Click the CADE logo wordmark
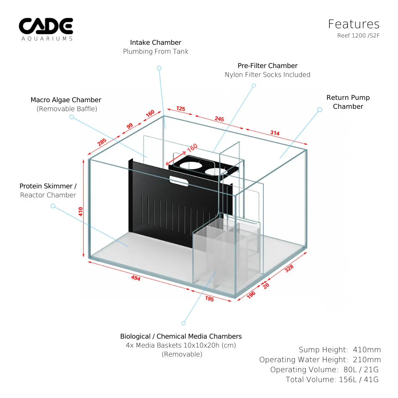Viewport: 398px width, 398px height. [46, 26]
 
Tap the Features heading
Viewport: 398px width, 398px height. [354, 24]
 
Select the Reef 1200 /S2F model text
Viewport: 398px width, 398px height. [358, 35]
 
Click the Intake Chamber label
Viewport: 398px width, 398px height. [156, 42]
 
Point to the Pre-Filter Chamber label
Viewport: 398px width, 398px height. [267, 66]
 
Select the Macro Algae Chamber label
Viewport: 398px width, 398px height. [66, 100]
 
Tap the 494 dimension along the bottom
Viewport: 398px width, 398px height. [136, 278]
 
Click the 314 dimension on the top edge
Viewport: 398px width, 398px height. [275, 133]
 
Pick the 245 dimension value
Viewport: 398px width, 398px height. [219, 119]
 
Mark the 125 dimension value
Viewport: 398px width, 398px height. [181, 109]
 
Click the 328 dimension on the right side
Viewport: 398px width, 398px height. [289, 268]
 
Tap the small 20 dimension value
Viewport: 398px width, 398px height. [266, 286]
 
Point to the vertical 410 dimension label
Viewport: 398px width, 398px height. [81, 211]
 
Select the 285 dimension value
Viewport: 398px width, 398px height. [102, 142]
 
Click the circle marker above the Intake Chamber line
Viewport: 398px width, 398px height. [159, 68]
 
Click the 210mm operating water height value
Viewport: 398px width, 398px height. [367, 360]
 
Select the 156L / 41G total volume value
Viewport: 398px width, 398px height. [359, 379]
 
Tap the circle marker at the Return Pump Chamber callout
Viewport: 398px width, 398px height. [320, 110]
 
